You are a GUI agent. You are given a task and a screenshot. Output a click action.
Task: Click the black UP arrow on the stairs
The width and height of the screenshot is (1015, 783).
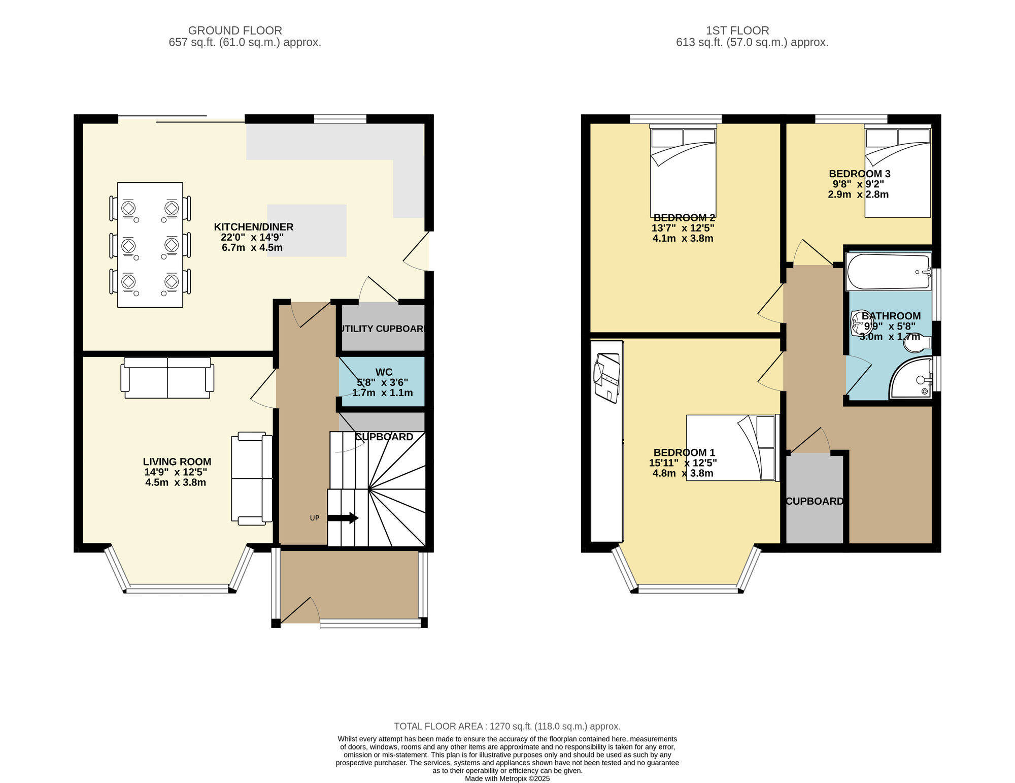click(343, 518)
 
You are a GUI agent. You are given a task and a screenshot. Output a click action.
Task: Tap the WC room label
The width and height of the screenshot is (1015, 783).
click(384, 372)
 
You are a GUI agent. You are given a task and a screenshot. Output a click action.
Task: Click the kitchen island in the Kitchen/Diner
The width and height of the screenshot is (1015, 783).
click(307, 231)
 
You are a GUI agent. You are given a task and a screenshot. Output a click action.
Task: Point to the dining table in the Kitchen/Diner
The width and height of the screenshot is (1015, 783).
click(150, 245)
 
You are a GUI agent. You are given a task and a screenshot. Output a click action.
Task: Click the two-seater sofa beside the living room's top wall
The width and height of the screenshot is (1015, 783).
click(167, 378)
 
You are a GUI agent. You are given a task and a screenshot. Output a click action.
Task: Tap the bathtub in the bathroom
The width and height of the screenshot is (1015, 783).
click(888, 272)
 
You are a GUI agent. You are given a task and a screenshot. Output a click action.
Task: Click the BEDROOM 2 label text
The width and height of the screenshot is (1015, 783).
click(684, 218)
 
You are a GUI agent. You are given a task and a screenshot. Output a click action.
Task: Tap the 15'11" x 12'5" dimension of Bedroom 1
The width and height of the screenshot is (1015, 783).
click(683, 463)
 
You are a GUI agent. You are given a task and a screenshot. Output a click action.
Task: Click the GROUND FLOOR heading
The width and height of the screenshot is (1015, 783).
click(235, 30)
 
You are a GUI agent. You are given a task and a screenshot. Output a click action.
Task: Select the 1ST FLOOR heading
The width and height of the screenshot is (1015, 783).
click(737, 30)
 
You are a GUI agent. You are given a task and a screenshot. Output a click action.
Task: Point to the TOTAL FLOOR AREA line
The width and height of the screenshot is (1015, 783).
click(507, 726)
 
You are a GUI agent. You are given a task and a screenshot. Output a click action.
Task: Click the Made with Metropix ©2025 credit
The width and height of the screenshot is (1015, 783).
click(507, 778)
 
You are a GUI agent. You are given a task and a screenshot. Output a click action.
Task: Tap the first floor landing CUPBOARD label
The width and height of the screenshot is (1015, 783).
click(814, 501)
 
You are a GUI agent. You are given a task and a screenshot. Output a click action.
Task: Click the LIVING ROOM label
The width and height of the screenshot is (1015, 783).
click(177, 462)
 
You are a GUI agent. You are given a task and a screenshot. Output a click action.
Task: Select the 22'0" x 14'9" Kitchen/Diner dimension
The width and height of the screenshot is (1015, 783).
click(252, 237)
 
